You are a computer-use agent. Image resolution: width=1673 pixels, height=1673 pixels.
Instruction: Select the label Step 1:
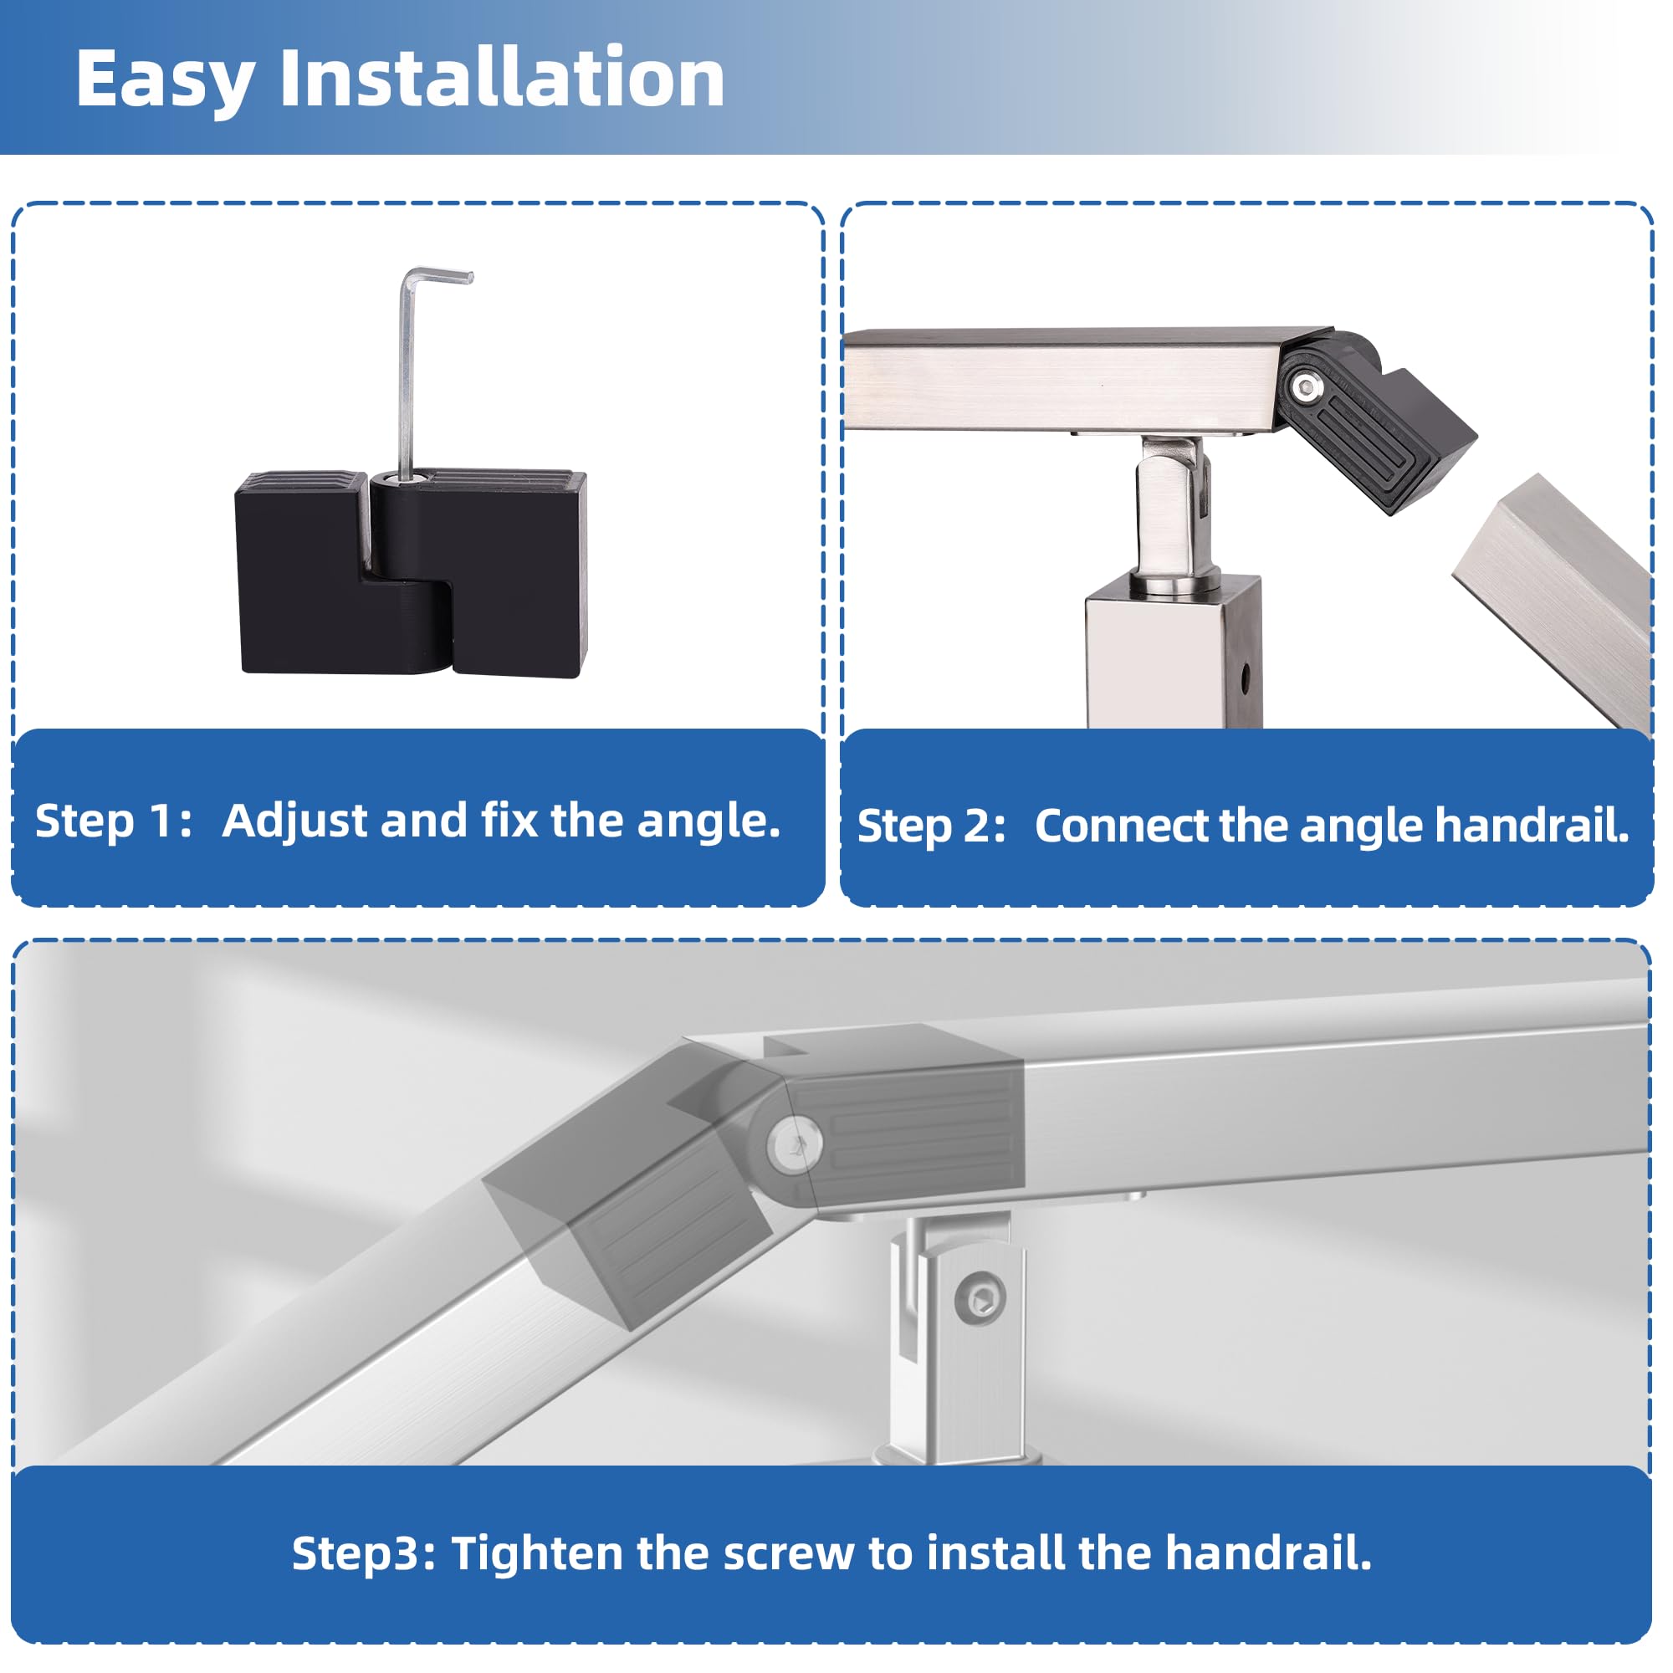click(x=114, y=821)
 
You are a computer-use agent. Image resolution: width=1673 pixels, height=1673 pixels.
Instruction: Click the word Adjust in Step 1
click(x=294, y=821)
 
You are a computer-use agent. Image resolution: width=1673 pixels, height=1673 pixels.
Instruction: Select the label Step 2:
click(x=931, y=826)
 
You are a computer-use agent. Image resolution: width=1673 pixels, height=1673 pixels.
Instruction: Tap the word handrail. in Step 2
click(x=1532, y=826)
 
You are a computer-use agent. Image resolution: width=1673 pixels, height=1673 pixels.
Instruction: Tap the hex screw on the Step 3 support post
click(x=980, y=1299)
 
